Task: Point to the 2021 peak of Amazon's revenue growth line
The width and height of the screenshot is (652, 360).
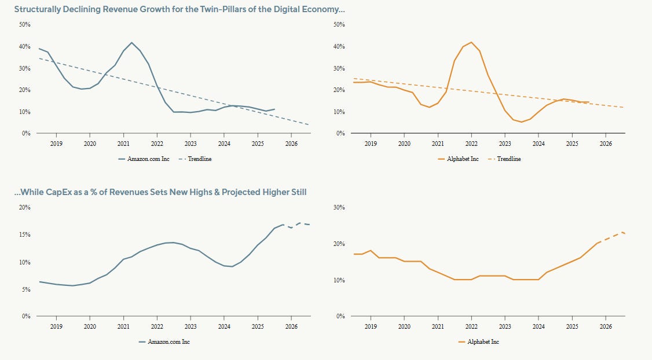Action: (x=132, y=43)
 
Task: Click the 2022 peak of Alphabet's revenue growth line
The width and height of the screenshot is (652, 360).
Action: (x=471, y=42)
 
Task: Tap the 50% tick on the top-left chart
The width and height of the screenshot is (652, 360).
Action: (x=24, y=24)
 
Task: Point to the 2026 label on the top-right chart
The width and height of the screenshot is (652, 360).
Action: (x=605, y=143)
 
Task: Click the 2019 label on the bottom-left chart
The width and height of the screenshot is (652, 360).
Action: (x=56, y=326)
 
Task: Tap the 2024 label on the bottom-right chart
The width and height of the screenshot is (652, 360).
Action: (x=539, y=326)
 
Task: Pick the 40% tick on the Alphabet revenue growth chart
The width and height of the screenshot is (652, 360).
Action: (x=339, y=46)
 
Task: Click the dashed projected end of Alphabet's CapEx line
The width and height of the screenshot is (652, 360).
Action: (x=621, y=233)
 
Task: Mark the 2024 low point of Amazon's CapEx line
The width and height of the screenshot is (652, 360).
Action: (x=232, y=266)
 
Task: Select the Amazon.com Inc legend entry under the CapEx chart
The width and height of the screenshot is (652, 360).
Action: (x=169, y=341)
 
